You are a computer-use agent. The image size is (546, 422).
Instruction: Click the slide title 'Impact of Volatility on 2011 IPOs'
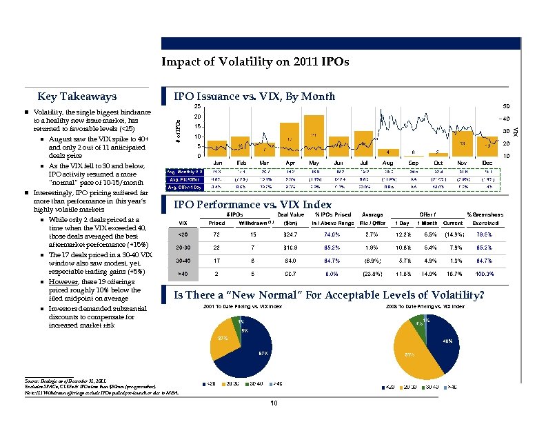pyautogui.click(x=255, y=62)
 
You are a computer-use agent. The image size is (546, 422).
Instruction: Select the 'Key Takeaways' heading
pyautogui.click(x=77, y=97)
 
